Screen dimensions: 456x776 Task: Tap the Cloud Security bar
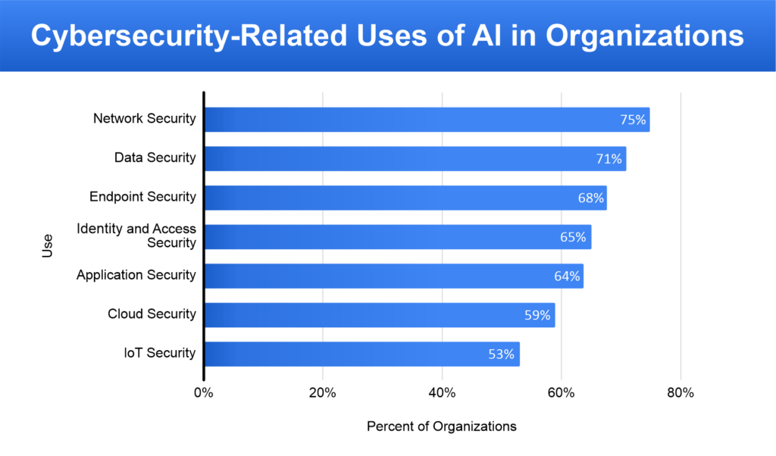coord(379,315)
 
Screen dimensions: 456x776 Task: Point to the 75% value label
coord(630,120)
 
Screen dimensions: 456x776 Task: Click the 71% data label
coord(608,159)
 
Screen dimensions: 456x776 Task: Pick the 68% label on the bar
coord(590,198)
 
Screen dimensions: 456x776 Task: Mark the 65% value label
coord(572,237)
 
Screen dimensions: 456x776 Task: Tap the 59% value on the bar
coord(537,315)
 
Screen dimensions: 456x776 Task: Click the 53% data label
coord(502,354)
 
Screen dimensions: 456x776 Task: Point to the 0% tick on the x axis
coord(203,393)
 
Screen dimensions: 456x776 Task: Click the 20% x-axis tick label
coord(323,393)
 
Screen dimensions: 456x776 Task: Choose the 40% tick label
coord(442,393)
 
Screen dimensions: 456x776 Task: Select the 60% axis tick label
coord(562,393)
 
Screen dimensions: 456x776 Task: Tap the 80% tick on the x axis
coord(681,393)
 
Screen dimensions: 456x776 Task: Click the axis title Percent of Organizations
coord(442,426)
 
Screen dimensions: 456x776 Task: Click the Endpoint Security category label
coord(142,197)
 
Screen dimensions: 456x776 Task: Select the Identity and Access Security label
coord(136,236)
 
